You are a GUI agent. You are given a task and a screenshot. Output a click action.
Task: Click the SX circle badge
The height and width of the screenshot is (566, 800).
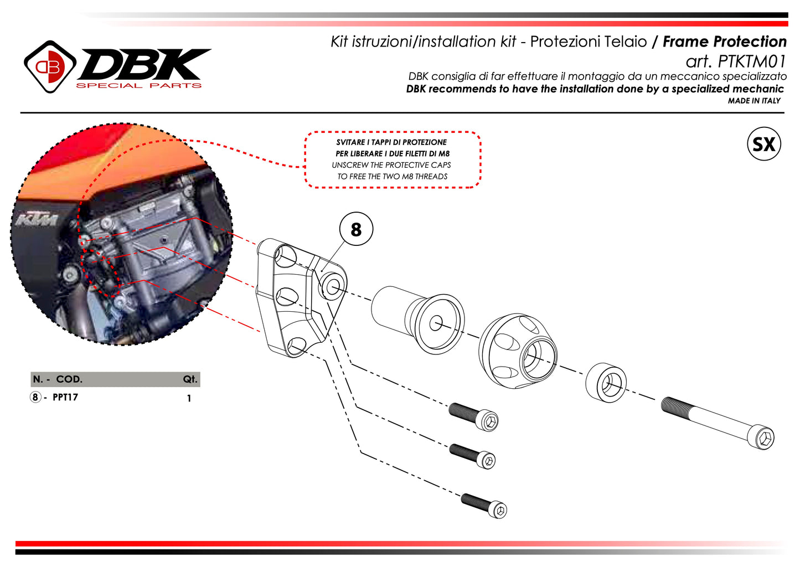pyautogui.click(x=763, y=143)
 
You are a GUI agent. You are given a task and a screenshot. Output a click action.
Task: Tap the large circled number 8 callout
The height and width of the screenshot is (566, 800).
pyautogui.click(x=356, y=229)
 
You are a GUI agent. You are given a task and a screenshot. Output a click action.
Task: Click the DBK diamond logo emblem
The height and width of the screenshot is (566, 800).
pyautogui.click(x=50, y=67)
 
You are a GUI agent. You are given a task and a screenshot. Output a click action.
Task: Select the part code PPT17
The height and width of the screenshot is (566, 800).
pyautogui.click(x=65, y=397)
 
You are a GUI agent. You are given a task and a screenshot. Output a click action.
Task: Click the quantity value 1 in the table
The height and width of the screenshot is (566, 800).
pyautogui.click(x=189, y=398)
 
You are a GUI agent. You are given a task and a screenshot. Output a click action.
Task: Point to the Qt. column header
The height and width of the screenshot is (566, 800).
pyautogui.click(x=190, y=379)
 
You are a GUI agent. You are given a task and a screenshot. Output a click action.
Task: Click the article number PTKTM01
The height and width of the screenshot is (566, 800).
pyautogui.click(x=752, y=61)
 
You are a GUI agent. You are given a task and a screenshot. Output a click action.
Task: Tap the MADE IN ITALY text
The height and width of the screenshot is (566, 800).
pyautogui.click(x=754, y=101)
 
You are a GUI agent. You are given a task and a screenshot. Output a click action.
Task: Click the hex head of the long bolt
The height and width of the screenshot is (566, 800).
pyautogui.click(x=761, y=438)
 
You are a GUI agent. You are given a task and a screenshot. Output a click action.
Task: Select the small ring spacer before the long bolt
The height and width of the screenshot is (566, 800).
pyautogui.click(x=606, y=383)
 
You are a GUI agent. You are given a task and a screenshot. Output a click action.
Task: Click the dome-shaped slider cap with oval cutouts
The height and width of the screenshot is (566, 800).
pyautogui.click(x=518, y=351)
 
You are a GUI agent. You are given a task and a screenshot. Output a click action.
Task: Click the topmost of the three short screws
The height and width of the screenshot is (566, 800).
pyautogui.click(x=473, y=416)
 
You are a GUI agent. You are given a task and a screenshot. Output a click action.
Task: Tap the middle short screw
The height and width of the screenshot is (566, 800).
pyautogui.click(x=472, y=456)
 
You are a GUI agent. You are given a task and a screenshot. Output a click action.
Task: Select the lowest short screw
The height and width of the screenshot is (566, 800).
pyautogui.click(x=484, y=506)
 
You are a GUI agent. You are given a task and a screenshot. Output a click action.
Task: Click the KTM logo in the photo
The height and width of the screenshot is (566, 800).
pyautogui.click(x=37, y=219)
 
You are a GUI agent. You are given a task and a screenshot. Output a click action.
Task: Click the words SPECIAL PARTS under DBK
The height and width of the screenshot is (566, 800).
pyautogui.click(x=138, y=85)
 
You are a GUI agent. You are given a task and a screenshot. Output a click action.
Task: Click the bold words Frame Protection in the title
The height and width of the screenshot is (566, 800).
pyautogui.click(x=725, y=42)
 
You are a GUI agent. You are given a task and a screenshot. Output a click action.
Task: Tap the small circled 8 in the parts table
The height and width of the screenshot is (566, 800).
pyautogui.click(x=35, y=397)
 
